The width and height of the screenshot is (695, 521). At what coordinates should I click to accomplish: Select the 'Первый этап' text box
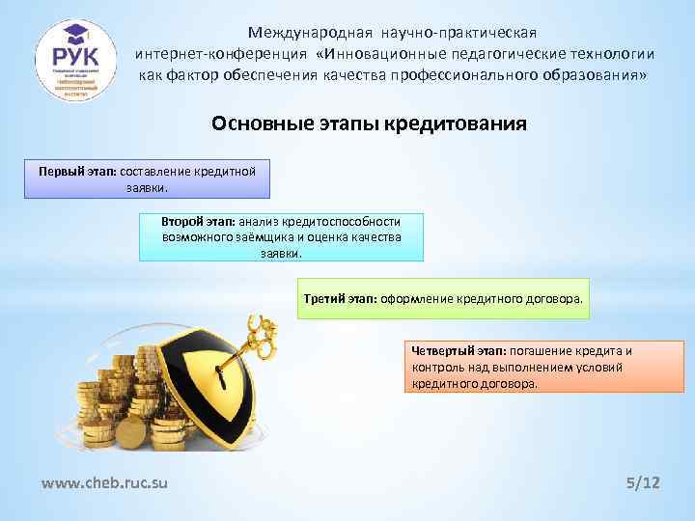(x=147, y=178)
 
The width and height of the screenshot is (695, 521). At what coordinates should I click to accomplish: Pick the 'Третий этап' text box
(x=443, y=299)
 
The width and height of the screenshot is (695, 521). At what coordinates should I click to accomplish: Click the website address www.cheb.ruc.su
(x=104, y=481)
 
